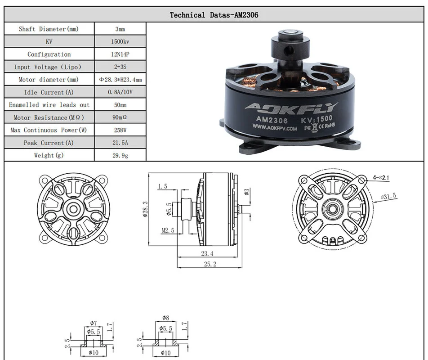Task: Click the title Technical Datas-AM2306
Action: pos(214,15)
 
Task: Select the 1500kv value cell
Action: pos(120,41)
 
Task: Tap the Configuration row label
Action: pos(49,54)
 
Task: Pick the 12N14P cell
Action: pos(120,54)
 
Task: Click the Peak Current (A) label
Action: pos(49,143)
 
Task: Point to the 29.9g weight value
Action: pos(120,155)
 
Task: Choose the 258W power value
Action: pos(120,130)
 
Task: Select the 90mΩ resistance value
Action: pos(120,117)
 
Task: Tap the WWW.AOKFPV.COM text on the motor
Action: pos(275,127)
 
